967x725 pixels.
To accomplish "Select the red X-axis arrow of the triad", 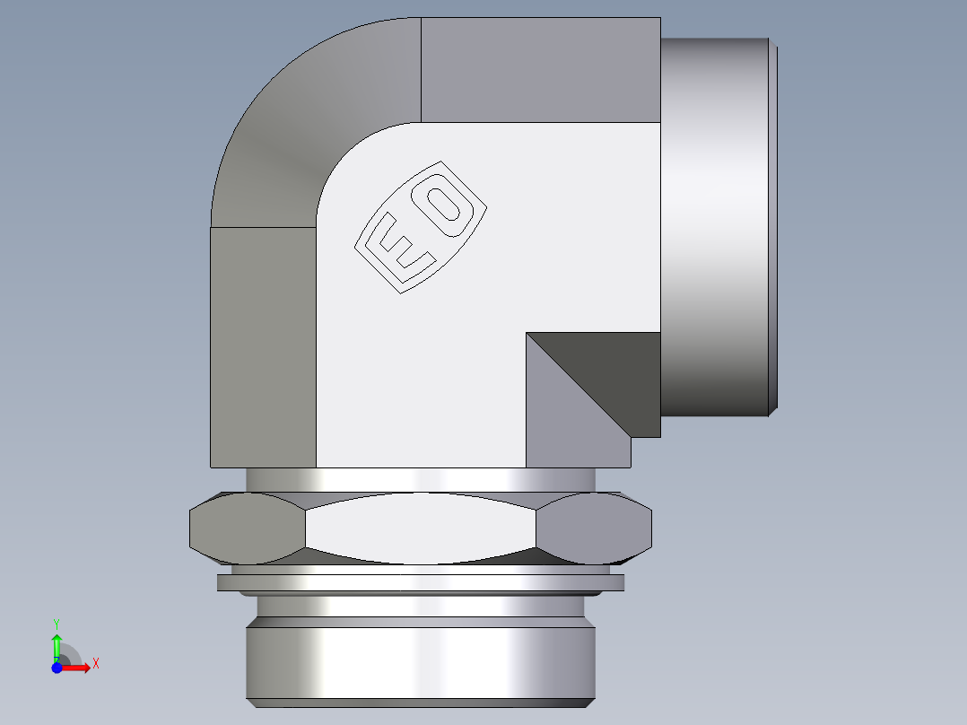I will pyautogui.click(x=76, y=667).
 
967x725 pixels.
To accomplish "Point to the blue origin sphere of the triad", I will pyautogui.click(x=57, y=668).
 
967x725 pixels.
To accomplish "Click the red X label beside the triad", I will pyautogui.click(x=95, y=664).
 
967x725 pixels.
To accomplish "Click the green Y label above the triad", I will pyautogui.click(x=57, y=622).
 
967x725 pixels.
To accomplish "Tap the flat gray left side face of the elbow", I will pyautogui.click(x=263, y=345).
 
